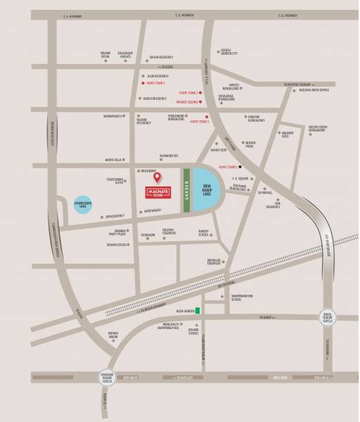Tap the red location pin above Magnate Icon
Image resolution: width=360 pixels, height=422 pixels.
[x=157, y=177]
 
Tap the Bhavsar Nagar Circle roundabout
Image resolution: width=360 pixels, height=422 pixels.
[x=103, y=378]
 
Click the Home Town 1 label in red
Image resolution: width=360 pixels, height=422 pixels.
[x=157, y=83]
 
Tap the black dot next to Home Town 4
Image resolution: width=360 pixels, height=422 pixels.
[x=240, y=167]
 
